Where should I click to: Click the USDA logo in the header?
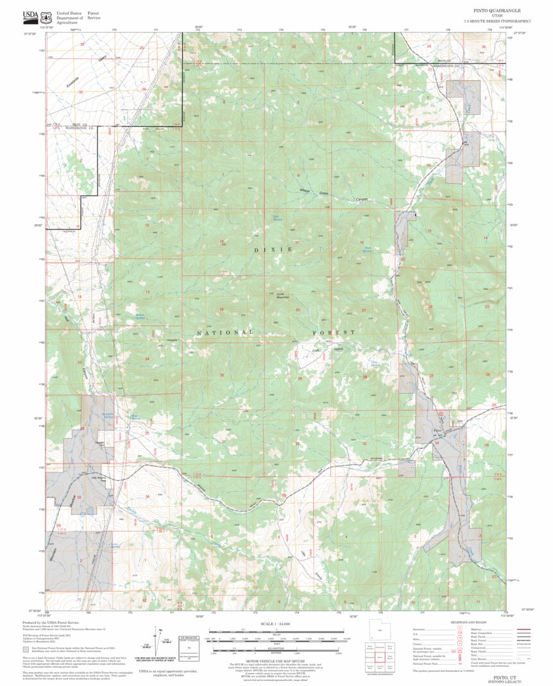tap(30, 15)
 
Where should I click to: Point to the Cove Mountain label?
tap(283, 295)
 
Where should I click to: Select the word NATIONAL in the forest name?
tap(225, 333)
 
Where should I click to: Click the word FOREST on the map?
tap(334, 333)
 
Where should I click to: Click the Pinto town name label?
tap(438, 430)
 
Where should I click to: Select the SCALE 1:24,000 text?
tap(276, 623)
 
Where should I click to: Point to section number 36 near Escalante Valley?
tap(144, 90)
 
